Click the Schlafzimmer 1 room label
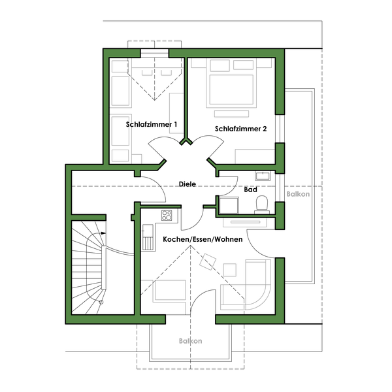click(152, 124)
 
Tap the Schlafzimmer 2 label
click(240, 129)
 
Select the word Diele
click(188, 184)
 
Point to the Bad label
click(250, 189)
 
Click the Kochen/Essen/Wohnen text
click(203, 239)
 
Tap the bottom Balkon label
click(191, 341)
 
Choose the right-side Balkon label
click(298, 194)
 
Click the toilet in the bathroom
click(262, 204)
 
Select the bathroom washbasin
click(263, 176)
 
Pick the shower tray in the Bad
click(229, 205)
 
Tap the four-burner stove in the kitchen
click(167, 215)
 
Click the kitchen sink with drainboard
click(148, 237)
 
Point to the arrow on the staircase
click(103, 233)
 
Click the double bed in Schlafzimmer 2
click(231, 84)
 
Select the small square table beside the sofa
click(229, 270)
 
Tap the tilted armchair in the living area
click(208, 261)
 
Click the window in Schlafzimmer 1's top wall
click(154, 54)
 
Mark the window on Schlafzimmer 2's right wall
click(280, 129)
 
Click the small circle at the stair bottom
click(101, 302)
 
